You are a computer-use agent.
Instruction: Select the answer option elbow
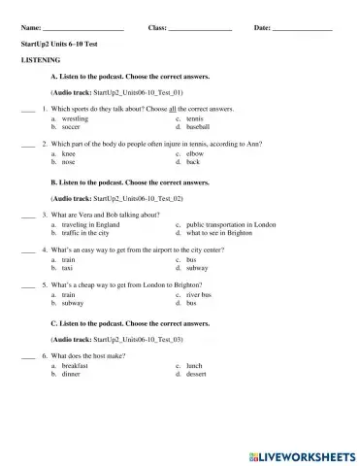pos(194,153)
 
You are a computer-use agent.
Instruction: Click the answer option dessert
pos(197,374)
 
